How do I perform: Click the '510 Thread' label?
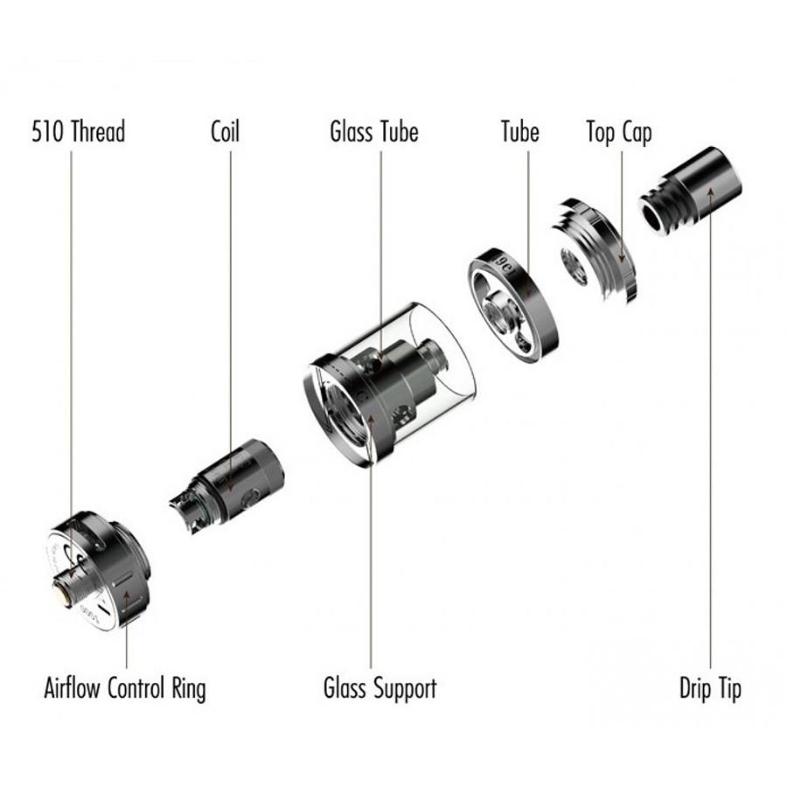coord(79,131)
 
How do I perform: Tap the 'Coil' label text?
coord(225,131)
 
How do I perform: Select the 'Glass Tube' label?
coord(374,131)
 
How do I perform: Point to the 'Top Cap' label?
coord(619,133)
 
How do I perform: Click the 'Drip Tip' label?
coord(710,688)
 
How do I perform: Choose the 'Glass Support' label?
coord(380,688)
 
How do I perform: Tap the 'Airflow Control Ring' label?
coord(125,688)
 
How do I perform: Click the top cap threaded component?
coord(595,250)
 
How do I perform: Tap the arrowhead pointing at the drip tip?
coord(710,193)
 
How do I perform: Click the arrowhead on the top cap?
coord(622,257)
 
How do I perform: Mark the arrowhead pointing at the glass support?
coord(371,419)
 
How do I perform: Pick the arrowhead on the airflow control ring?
coord(127,597)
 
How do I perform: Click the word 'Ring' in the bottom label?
coord(188,689)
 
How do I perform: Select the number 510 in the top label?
coord(48,131)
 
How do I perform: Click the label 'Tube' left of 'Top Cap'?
coord(520,131)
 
